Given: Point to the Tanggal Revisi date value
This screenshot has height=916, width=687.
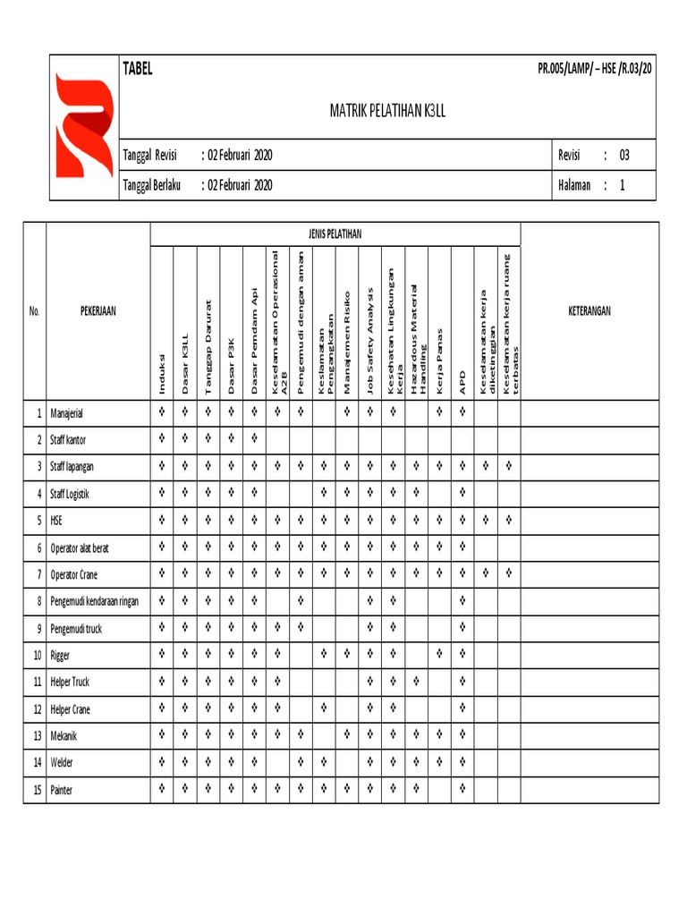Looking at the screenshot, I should [x=241, y=156].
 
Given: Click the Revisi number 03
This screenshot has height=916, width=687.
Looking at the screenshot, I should [x=624, y=156].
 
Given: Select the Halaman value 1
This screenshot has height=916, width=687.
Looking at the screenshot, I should [x=623, y=185].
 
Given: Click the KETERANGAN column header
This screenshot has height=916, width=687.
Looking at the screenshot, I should [x=589, y=311].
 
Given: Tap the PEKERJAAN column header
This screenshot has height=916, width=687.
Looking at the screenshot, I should [x=98, y=311].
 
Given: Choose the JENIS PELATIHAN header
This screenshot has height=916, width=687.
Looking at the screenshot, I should [x=334, y=233].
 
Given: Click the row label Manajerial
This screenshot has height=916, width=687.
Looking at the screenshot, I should [x=72, y=414].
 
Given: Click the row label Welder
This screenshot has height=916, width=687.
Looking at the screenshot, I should [x=63, y=763].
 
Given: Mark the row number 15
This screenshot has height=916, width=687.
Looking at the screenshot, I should [x=37, y=791].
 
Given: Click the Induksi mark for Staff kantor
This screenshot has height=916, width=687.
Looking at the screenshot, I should [x=162, y=438].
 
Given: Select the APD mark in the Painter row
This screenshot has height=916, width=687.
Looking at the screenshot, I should [x=462, y=789].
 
